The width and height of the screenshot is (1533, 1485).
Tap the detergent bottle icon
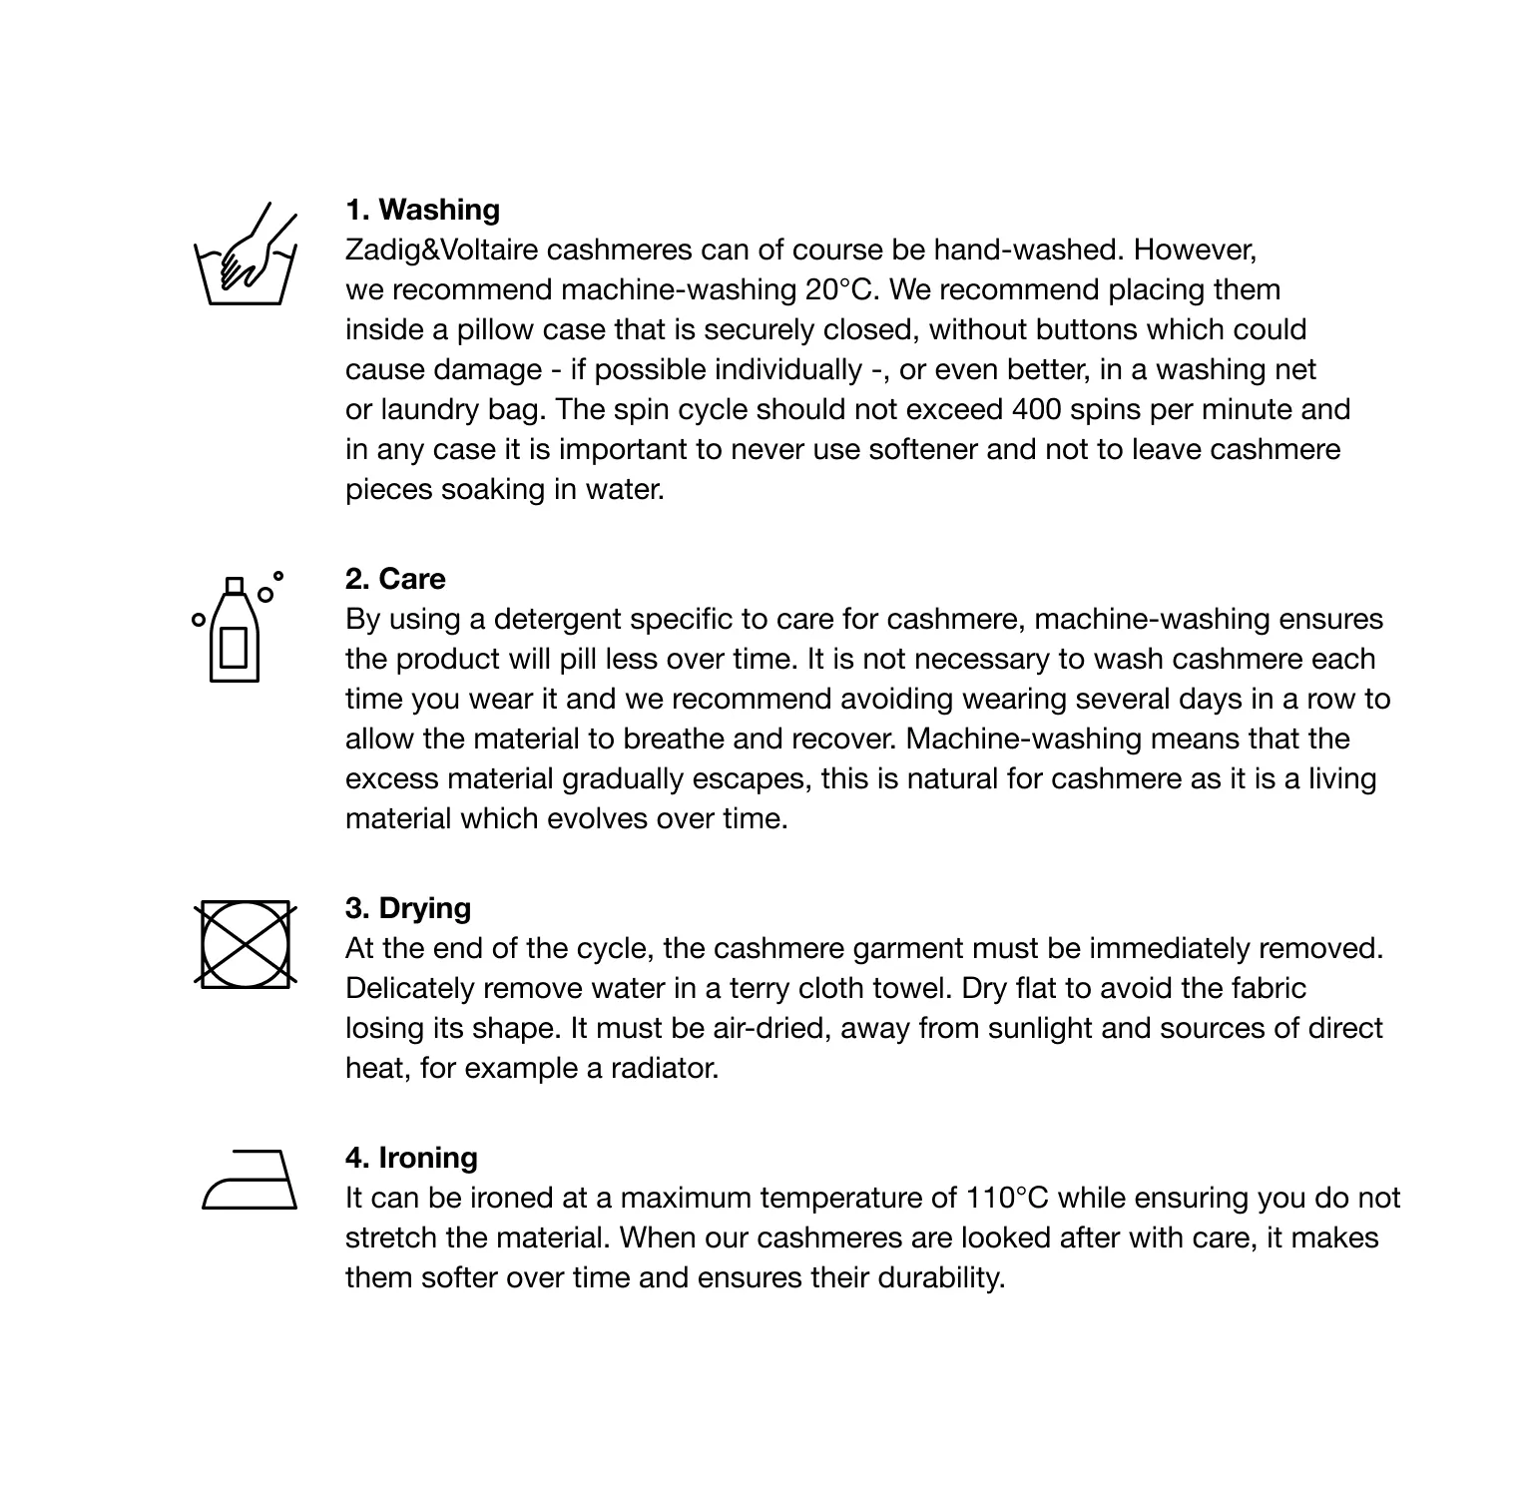(236, 629)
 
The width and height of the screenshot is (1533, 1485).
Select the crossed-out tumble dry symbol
(245, 943)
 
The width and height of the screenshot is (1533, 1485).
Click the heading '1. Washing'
(423, 210)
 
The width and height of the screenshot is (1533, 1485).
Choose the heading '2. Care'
(395, 579)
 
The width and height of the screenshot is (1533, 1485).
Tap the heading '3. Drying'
(408, 908)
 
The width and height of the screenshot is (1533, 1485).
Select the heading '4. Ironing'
(411, 1158)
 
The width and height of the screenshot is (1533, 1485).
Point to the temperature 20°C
(839, 289)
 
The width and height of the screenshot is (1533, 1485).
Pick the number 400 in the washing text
(1037, 409)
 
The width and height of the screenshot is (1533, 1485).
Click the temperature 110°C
(1007, 1198)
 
